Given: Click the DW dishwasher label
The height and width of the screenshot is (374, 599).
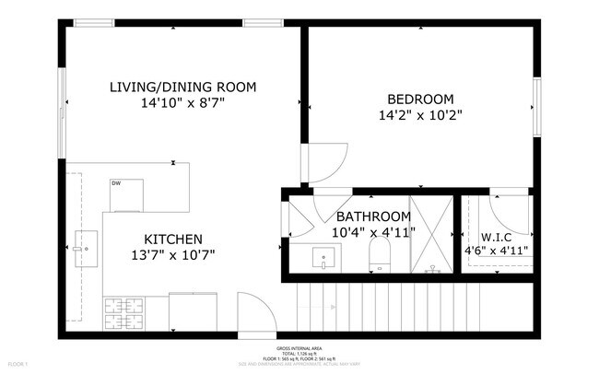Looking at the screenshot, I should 116,183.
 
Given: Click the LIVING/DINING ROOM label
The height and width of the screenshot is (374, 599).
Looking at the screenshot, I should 182,88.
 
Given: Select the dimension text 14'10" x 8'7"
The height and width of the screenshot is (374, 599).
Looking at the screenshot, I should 182,104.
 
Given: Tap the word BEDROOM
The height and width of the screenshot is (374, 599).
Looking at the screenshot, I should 419,99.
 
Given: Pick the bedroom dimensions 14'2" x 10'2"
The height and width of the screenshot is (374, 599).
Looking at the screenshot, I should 419,116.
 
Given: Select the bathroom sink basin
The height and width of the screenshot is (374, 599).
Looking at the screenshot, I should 324,258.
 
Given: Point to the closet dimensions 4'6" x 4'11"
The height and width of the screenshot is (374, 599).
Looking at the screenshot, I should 497,250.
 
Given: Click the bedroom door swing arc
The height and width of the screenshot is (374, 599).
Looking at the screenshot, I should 326,164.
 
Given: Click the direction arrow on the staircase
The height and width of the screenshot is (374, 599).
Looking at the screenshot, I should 387,305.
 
